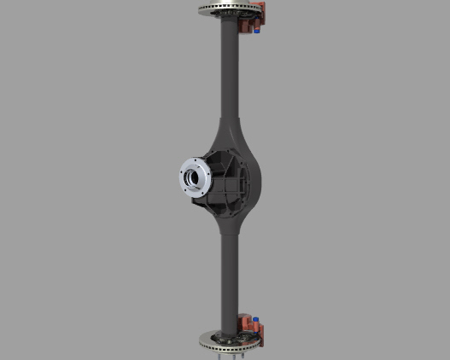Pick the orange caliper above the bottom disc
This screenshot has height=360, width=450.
(254, 323)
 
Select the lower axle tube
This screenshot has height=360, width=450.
(228, 273)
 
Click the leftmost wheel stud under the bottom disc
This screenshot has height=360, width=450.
(219, 353)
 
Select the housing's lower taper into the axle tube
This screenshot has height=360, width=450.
(231, 226)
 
